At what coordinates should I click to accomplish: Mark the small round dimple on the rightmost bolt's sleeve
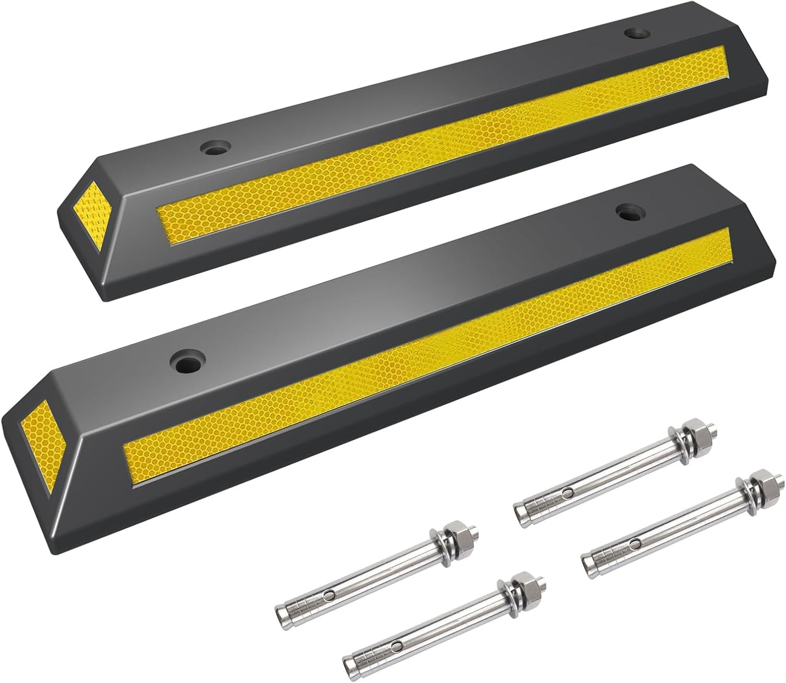(x=635, y=545)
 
